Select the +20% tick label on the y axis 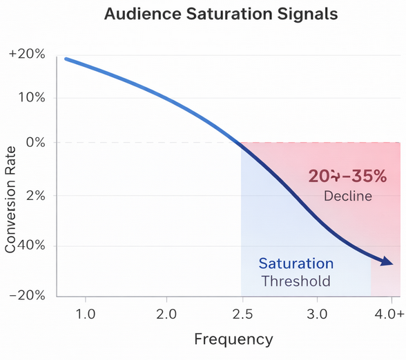pyautogui.click(x=27, y=54)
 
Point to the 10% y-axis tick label pyautogui.click(x=31, y=97)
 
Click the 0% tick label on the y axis pyautogui.click(x=35, y=143)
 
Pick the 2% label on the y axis pyautogui.click(x=35, y=196)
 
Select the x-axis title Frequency pyautogui.click(x=233, y=339)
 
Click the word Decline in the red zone pyautogui.click(x=347, y=197)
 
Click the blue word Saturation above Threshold pyautogui.click(x=296, y=263)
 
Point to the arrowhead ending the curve pyautogui.click(x=387, y=262)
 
